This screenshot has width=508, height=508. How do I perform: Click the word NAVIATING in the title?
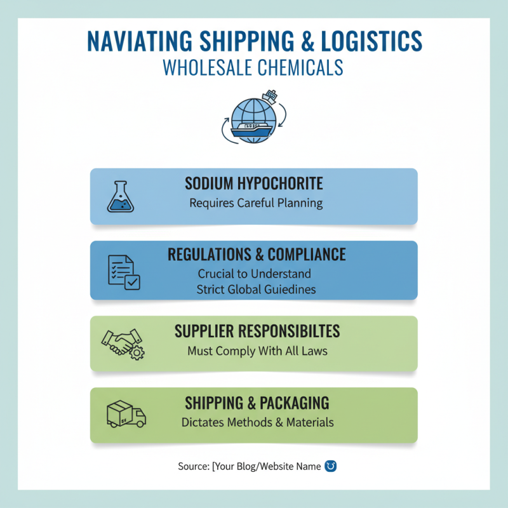click(x=140, y=41)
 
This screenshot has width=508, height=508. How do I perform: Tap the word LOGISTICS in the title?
click(x=371, y=41)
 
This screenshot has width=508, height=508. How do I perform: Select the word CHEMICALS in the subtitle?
click(x=300, y=67)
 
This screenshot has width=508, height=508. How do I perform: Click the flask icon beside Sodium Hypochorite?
click(x=121, y=197)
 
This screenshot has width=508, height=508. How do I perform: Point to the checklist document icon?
click(x=124, y=272)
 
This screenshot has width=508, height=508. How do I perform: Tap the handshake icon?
click(x=123, y=344)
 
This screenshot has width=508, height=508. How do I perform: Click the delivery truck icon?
click(x=126, y=414)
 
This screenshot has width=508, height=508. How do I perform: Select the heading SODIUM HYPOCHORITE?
click(x=253, y=184)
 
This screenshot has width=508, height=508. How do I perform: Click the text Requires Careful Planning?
click(x=256, y=203)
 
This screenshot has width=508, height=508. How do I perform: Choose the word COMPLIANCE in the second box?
click(x=307, y=255)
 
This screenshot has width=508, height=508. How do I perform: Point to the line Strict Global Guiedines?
click(x=256, y=290)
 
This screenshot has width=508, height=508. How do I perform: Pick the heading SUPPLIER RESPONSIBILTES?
click(x=257, y=331)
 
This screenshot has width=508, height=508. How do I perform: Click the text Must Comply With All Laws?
click(x=257, y=351)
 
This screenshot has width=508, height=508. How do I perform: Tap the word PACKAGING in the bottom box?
click(x=294, y=403)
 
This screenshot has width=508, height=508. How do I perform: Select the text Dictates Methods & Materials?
click(x=257, y=422)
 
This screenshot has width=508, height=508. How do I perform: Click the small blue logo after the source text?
click(x=330, y=466)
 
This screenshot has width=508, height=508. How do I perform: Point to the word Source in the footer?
click(x=194, y=466)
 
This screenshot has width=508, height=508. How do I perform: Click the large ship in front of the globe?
click(x=251, y=130)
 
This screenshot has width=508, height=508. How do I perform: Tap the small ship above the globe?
click(x=270, y=97)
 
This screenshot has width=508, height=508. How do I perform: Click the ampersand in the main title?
click(x=308, y=41)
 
